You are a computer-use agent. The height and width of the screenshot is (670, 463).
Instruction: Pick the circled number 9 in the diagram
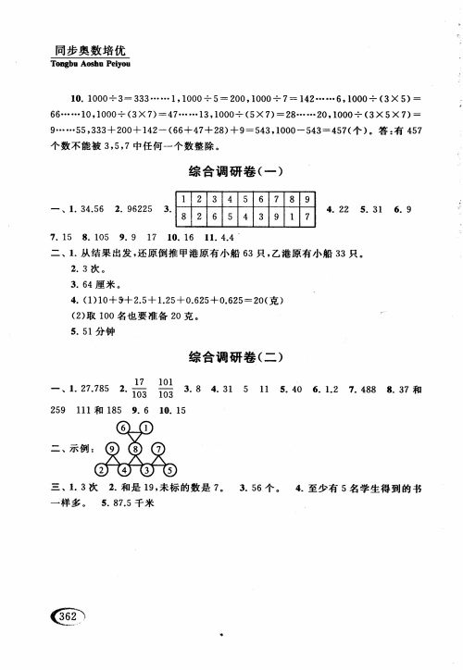(x=112, y=449)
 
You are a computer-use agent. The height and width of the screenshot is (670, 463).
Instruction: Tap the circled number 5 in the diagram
(x=169, y=468)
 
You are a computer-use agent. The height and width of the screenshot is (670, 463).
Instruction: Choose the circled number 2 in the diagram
(x=102, y=468)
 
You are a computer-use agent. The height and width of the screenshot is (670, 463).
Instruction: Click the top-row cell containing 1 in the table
(x=185, y=199)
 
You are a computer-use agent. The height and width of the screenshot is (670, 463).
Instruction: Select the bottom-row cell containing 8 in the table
(x=185, y=218)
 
